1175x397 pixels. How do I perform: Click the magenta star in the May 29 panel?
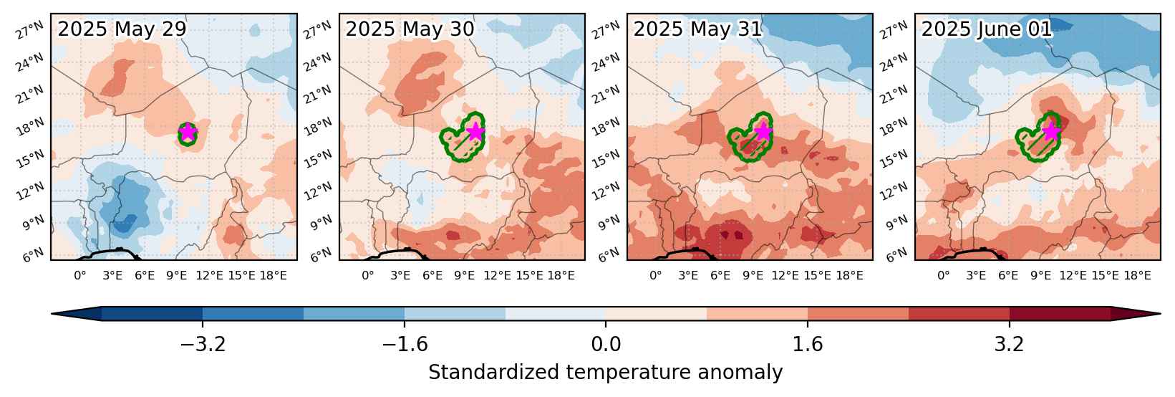click(188, 132)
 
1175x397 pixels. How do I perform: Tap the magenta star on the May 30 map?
click(475, 131)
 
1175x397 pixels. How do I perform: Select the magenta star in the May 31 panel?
click(763, 131)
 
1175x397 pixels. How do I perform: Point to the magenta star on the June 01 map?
click(1050, 131)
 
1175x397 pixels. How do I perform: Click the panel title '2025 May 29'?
click(122, 29)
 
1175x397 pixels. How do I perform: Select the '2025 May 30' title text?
click(410, 29)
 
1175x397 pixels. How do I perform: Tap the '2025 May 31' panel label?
click(697, 29)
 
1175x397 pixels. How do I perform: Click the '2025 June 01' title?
click(987, 29)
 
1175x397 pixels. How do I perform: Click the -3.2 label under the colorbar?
click(203, 345)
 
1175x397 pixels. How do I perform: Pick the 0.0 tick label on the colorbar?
click(606, 345)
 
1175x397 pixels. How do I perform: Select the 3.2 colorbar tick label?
click(1010, 345)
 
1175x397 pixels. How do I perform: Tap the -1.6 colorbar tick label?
click(405, 345)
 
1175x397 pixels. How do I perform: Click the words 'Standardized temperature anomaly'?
click(605, 373)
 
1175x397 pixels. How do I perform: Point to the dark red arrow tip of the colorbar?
click(1160, 313)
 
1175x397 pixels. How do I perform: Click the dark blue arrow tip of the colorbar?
click(52, 313)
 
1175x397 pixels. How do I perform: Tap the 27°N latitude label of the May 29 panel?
click(29, 31)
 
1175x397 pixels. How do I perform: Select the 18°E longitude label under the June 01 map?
click(1137, 276)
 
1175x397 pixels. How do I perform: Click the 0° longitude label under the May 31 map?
click(656, 276)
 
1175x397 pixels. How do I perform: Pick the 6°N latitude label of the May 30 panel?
click(321, 254)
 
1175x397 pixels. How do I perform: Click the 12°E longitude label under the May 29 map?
click(209, 276)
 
